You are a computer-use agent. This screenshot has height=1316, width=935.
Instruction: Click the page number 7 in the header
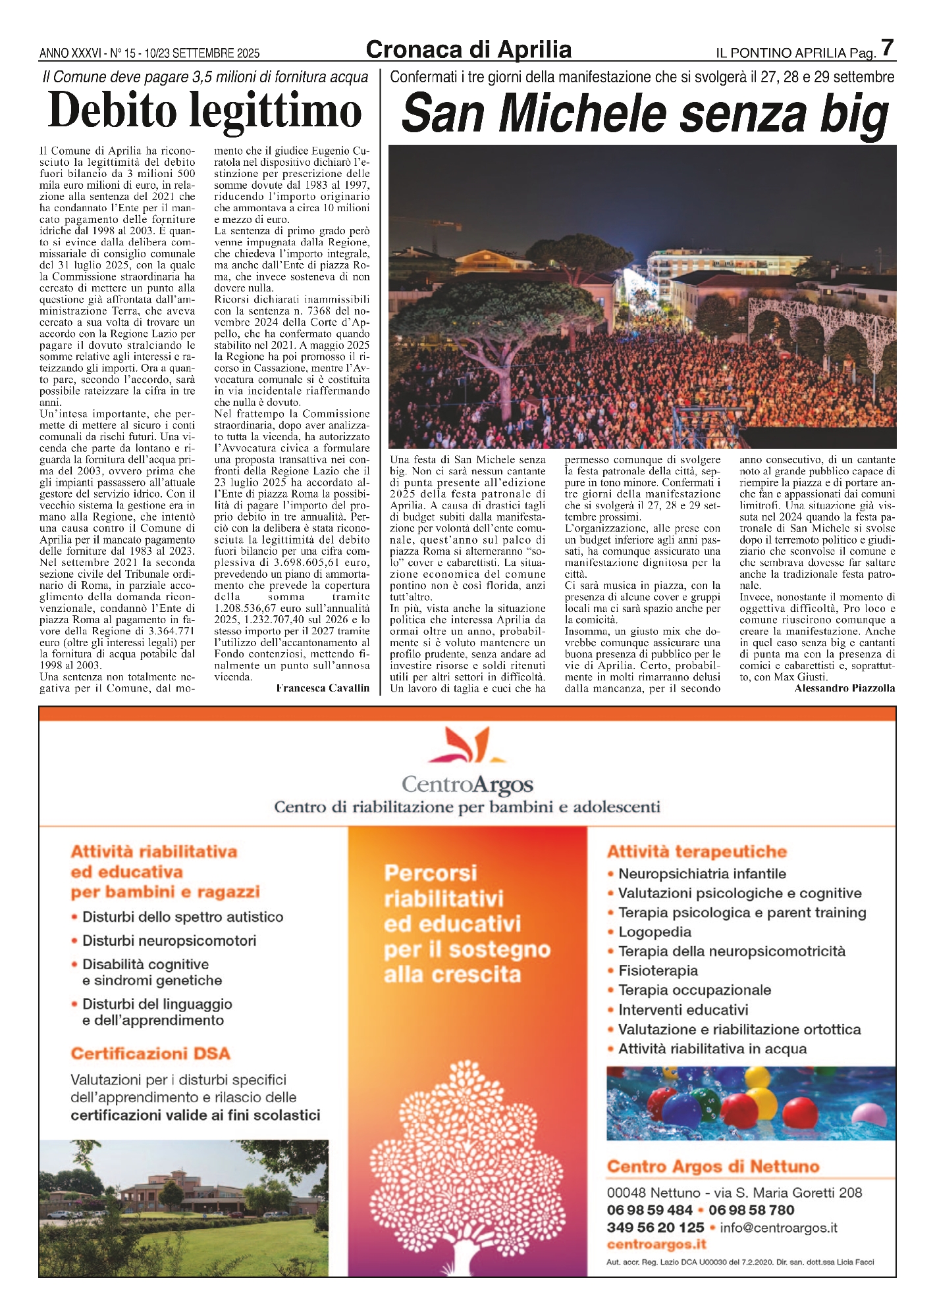tap(887, 48)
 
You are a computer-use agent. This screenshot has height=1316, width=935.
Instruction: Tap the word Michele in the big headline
tap(582, 114)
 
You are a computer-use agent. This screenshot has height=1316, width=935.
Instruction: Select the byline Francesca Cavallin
tap(323, 688)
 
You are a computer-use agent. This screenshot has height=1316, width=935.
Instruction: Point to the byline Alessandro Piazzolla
tap(845, 688)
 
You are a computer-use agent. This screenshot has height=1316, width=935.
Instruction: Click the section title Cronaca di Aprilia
tap(468, 50)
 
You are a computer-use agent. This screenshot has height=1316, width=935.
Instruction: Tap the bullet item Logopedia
tap(654, 932)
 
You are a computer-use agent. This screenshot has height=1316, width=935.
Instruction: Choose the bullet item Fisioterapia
tap(658, 971)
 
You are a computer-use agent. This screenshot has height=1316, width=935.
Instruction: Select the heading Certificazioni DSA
tap(151, 1053)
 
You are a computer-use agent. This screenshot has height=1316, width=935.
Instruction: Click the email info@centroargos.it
tap(778, 1227)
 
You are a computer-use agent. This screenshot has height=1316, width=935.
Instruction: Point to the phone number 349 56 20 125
tap(655, 1227)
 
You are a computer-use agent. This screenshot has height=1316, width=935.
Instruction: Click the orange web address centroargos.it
tap(656, 1244)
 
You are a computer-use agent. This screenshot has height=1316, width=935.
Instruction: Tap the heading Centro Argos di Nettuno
tap(713, 1167)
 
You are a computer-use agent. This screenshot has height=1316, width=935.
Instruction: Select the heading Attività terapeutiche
tap(697, 851)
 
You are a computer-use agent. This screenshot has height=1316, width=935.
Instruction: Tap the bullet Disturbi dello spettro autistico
tap(182, 917)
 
